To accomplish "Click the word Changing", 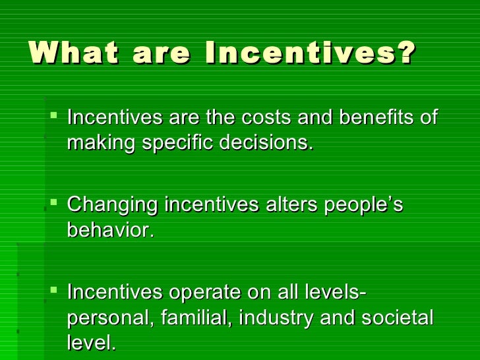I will (113, 206).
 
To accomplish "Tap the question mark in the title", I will (406, 53).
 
